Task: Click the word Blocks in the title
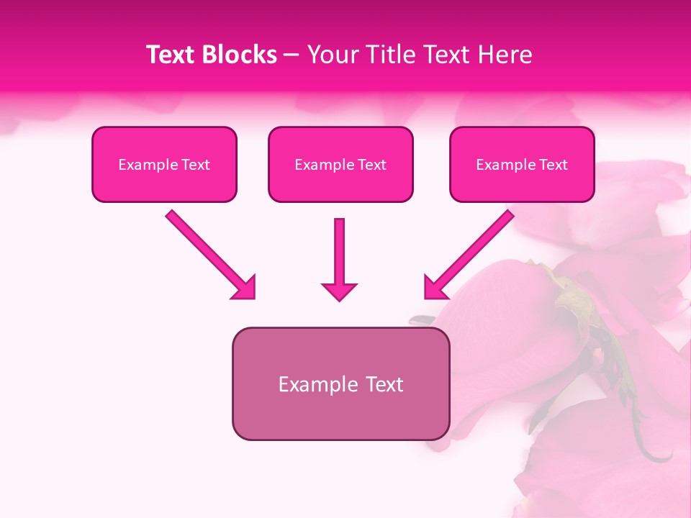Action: tap(239, 55)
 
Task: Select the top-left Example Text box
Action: tap(164, 165)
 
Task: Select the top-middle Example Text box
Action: tap(340, 165)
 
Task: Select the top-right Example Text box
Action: tap(522, 165)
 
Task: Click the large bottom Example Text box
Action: tap(340, 384)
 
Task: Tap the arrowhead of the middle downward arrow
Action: tap(339, 291)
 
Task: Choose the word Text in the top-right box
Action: tap(554, 165)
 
